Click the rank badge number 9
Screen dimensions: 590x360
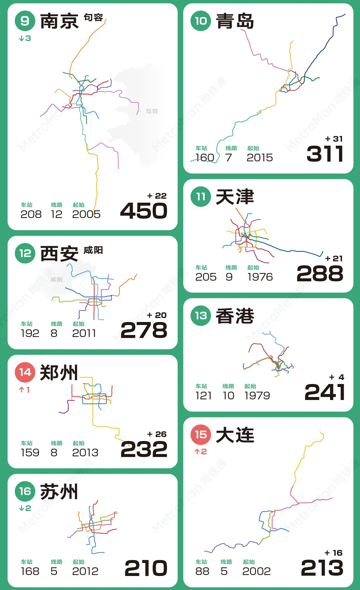[25, 21]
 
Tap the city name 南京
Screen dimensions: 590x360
[59, 21]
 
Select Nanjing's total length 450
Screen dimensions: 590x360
[144, 211]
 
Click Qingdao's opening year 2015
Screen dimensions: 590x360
[260, 158]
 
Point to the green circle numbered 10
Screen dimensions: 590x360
[201, 21]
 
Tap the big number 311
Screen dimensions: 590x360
[325, 154]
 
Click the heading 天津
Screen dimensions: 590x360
[235, 197]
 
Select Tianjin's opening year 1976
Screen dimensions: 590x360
[260, 277]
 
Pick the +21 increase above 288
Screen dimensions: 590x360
[334, 259]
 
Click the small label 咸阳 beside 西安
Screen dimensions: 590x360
[93, 250]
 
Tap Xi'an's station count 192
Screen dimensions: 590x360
[30, 333]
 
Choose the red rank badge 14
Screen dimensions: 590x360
[25, 372]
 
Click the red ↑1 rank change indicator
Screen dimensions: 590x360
[24, 390]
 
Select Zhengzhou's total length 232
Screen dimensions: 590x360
[144, 449]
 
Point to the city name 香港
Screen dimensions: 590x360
[235, 316]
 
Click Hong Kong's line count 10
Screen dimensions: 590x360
[228, 396]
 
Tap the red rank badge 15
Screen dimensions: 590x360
[201, 435]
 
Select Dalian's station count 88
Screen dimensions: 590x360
[202, 571]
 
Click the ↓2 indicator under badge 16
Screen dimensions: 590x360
[25, 508]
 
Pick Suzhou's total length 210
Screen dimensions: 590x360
[146, 568]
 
